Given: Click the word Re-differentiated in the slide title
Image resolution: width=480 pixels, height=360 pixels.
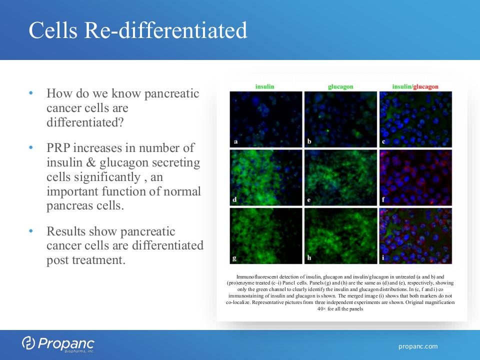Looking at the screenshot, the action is pos(165,30).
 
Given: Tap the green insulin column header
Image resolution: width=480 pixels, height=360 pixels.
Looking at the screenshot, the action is pos(265,86).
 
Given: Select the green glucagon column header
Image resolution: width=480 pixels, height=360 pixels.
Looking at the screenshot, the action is pos(340,87).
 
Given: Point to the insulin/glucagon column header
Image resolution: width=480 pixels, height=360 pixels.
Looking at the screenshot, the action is pos(415,87).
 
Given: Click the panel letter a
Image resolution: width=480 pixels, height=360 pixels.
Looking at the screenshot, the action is pos(235,141).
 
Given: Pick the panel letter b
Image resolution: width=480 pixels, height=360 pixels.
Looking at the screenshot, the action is pos(309,141).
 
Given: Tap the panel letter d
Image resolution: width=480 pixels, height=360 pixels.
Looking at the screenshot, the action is pos(234,199).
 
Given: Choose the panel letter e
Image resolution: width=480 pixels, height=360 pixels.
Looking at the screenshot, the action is pos(309,200).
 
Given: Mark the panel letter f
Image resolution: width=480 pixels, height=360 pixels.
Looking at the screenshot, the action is pos(383,199).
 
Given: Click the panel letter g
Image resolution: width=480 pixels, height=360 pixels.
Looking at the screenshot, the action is pos(234,258).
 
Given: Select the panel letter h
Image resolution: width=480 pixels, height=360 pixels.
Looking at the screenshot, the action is pos(309,258).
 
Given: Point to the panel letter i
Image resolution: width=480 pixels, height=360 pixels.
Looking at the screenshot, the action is pos(383,258).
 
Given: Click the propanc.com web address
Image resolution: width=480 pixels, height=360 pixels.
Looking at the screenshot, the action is pos(418,346).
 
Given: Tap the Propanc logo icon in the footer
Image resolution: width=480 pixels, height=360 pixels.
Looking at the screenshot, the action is pos(28,343).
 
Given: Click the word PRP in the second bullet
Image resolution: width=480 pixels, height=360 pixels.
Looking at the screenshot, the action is pos(59,148).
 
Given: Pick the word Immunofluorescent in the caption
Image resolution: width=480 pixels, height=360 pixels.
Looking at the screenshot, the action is pos(257,276).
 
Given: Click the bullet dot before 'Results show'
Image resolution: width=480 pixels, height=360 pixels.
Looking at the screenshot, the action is pos(31,231).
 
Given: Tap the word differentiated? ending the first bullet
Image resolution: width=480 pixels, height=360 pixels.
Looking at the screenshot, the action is pos(85,122).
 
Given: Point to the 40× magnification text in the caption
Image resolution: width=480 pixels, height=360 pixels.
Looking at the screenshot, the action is pos(321,309).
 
